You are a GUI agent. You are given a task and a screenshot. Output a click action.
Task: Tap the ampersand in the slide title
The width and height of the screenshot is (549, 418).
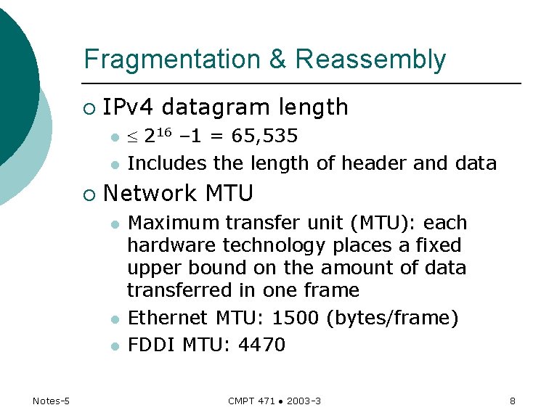point(278,59)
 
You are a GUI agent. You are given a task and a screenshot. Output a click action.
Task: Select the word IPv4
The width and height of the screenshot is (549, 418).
point(129,107)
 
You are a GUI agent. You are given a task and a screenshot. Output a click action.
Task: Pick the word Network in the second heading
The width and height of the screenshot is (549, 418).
point(150,194)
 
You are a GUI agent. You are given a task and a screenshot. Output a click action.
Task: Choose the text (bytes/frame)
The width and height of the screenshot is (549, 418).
point(393,318)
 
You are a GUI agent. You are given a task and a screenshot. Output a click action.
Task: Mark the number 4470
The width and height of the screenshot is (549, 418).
point(261,344)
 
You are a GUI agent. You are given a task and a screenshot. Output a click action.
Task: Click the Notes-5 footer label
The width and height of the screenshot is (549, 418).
point(51,401)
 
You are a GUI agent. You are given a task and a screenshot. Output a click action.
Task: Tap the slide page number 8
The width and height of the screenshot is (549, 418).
point(512,401)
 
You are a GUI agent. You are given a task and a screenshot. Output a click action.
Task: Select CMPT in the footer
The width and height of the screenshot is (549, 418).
point(240,401)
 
